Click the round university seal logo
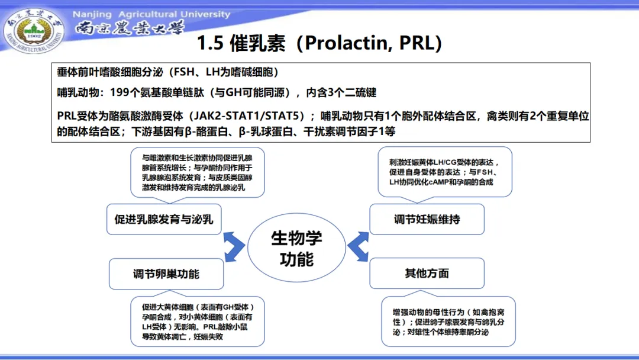[34, 33]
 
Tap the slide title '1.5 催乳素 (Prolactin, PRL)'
[319, 43]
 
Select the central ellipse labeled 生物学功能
[296, 248]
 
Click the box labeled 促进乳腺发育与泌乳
[164, 219]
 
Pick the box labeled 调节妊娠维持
[427, 219]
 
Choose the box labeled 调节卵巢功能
[166, 274]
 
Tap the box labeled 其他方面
[427, 273]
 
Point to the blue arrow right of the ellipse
[358, 247]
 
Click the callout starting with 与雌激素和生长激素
[197, 172]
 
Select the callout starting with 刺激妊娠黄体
[444, 172]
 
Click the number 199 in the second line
[120, 92]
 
